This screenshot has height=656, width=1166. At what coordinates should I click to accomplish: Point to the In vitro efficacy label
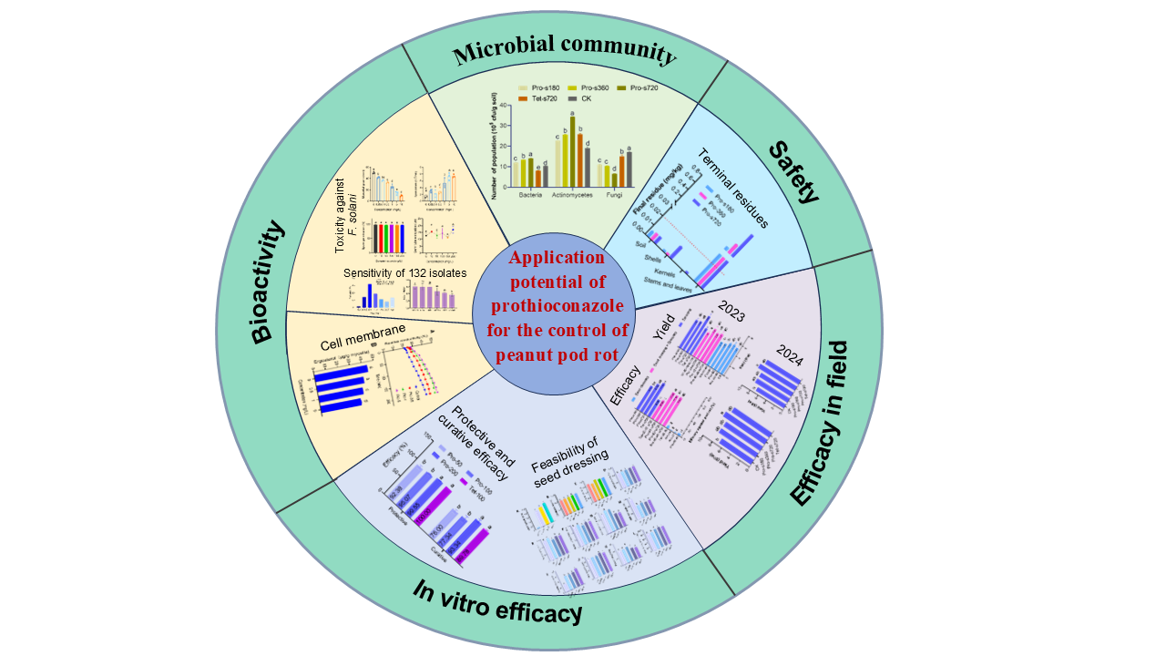pos(497,602)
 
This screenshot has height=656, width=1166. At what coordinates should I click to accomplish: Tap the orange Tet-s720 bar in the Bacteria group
pos(537,178)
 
